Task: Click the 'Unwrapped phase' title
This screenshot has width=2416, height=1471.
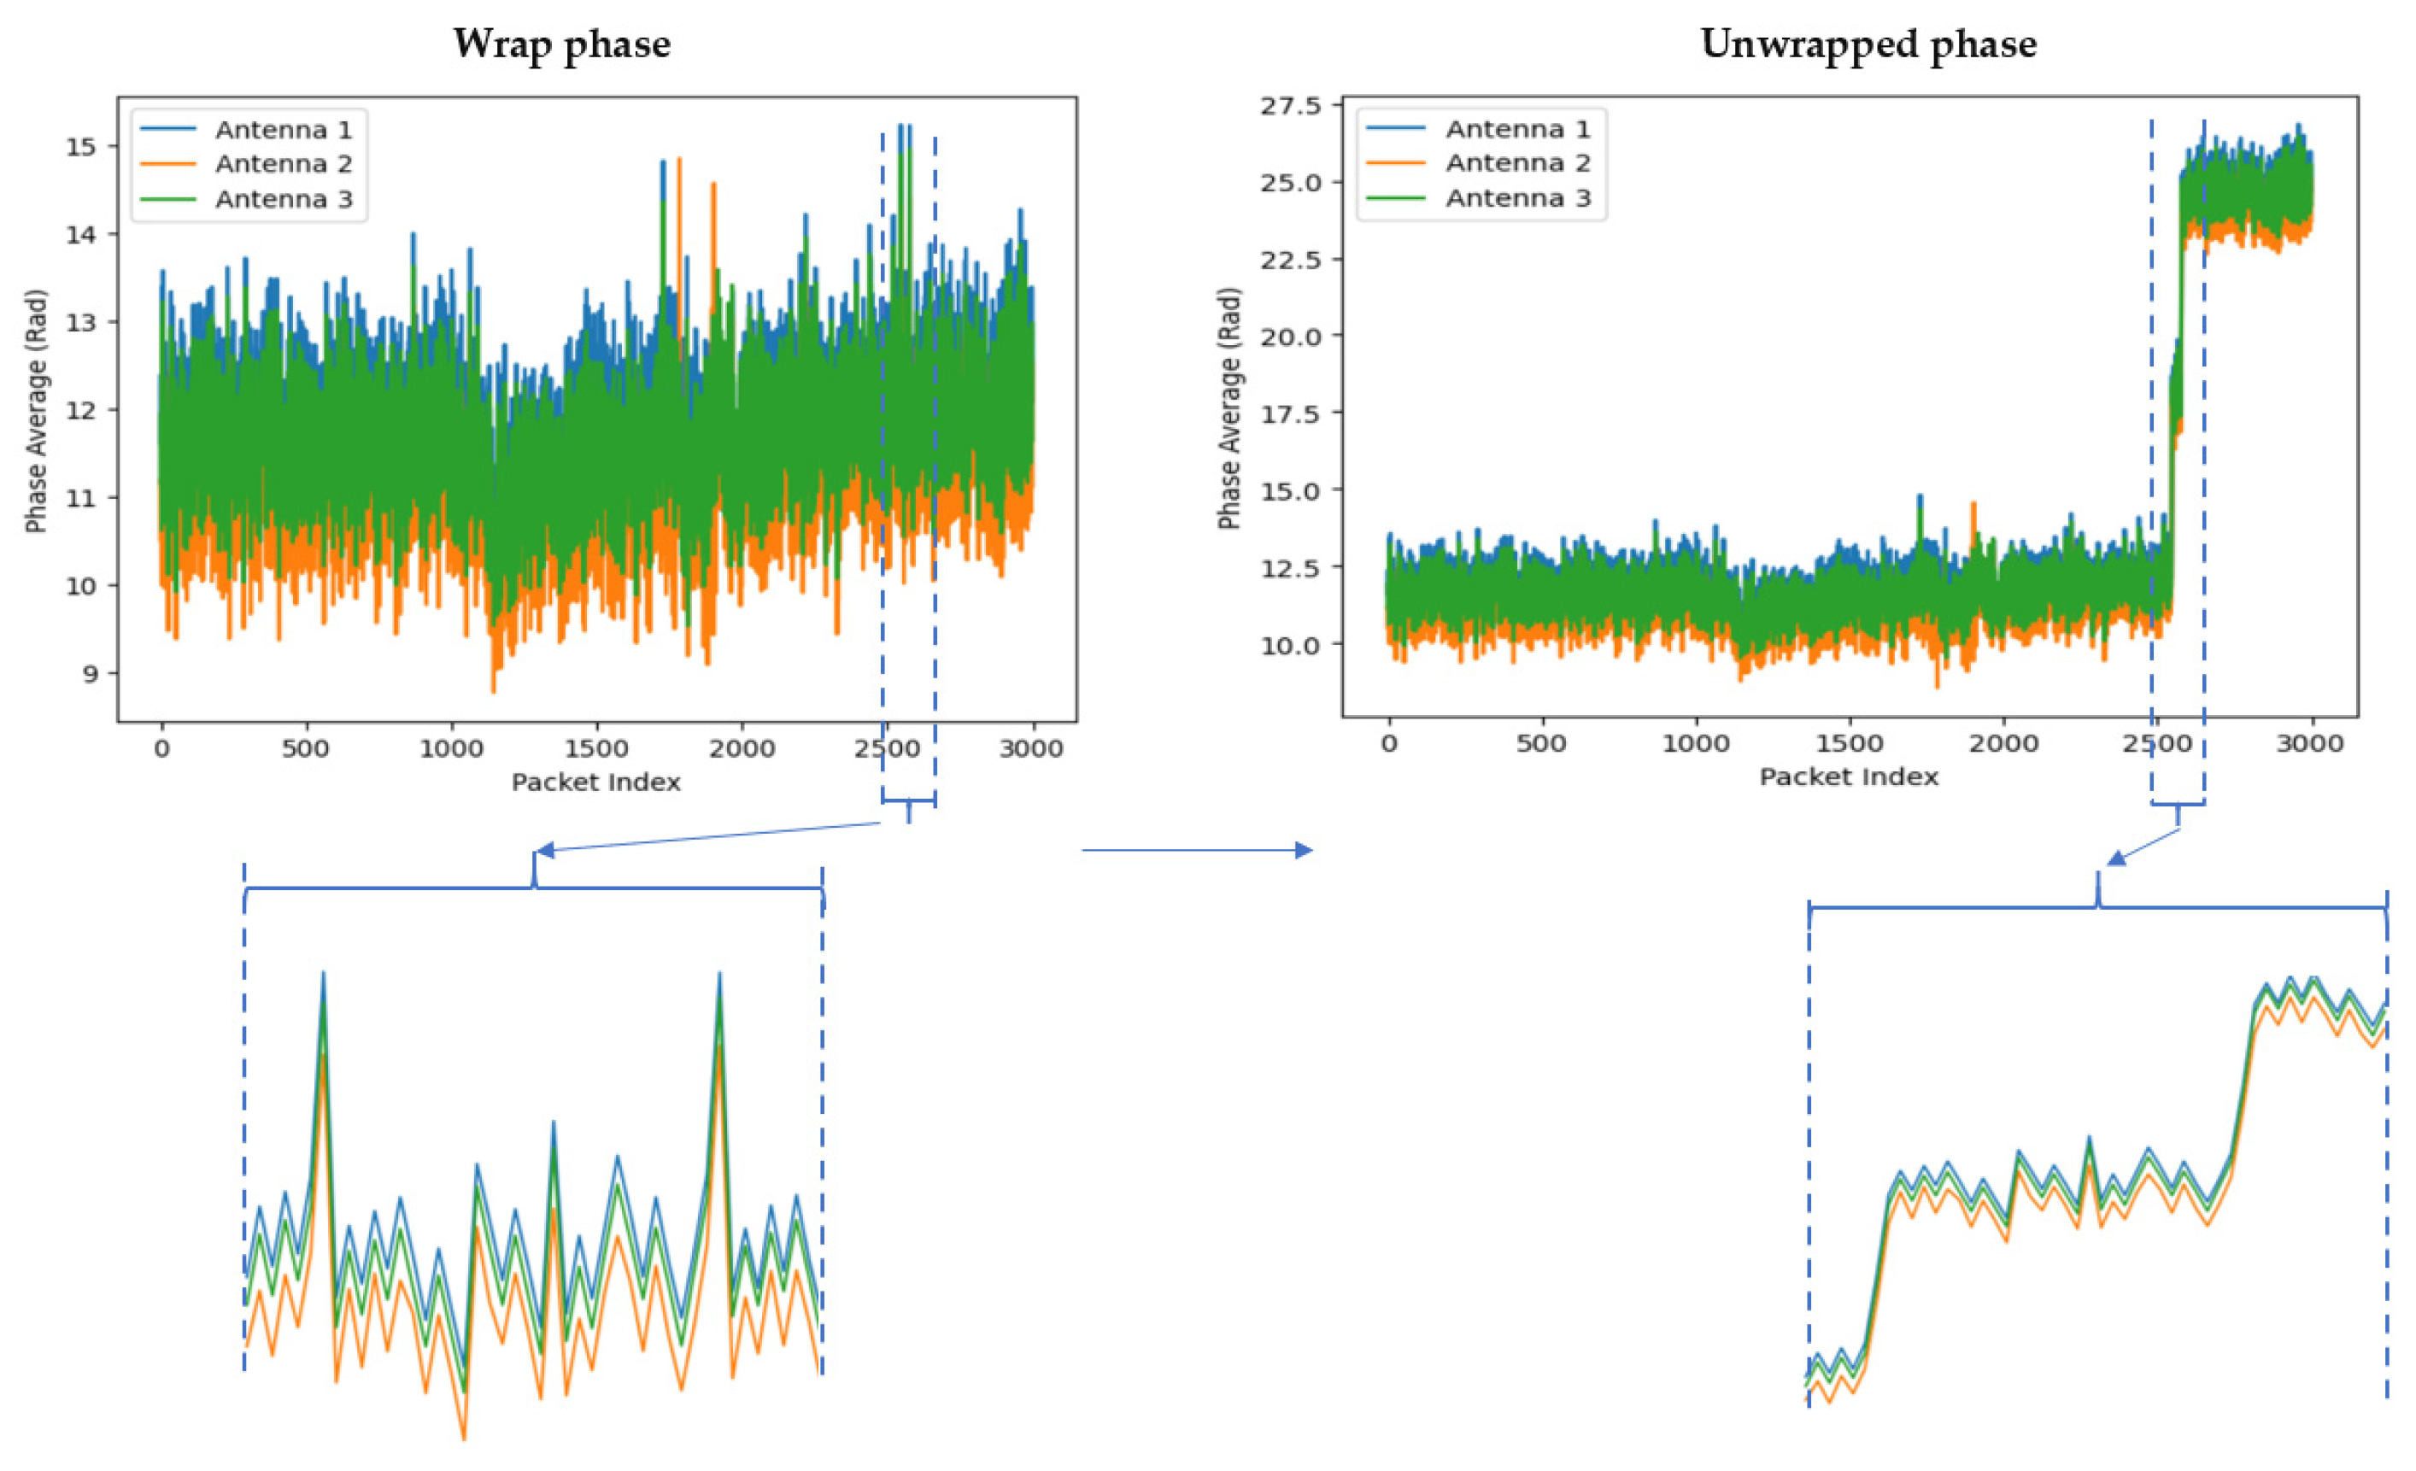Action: coord(1868,44)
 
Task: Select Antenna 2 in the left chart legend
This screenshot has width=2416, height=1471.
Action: coord(283,164)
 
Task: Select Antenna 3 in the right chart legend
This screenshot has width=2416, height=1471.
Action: coord(1517,198)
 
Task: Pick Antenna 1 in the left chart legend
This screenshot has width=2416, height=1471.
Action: coord(283,130)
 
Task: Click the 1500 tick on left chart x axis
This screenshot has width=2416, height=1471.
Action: coord(596,749)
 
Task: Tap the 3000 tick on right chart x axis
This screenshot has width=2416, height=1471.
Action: coord(2308,743)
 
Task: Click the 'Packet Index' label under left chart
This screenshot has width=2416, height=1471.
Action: coord(595,782)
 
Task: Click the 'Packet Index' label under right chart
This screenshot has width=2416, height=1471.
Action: coord(1848,777)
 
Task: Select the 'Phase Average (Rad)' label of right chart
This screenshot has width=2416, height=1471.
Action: coord(1229,409)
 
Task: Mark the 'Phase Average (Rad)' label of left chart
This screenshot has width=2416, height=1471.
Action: coord(36,411)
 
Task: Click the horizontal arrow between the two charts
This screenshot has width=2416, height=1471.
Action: coord(1196,850)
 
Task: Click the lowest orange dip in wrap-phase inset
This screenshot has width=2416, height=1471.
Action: coord(464,1438)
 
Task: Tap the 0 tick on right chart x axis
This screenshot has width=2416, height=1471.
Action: coord(1388,743)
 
